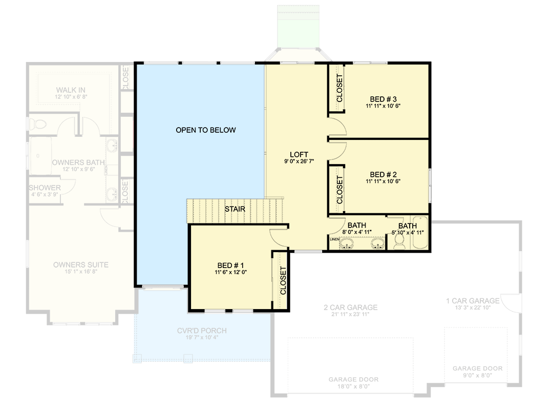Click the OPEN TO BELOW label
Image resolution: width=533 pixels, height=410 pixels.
pyautogui.click(x=205, y=130)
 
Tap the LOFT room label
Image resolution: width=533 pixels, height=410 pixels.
pyautogui.click(x=299, y=154)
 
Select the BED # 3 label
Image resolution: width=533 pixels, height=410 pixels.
pyautogui.click(x=383, y=99)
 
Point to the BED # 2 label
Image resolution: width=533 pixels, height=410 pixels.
pyautogui.click(x=383, y=174)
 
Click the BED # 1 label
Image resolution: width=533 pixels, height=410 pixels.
pyautogui.click(x=230, y=265)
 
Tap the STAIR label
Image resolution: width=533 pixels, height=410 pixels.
pyautogui.click(x=235, y=209)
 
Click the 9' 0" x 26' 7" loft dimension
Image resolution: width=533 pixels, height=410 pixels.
pyautogui.click(x=299, y=161)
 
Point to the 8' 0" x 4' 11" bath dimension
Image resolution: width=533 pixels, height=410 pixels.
pyautogui.click(x=356, y=232)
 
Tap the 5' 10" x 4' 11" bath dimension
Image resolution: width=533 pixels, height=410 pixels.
pyautogui.click(x=408, y=232)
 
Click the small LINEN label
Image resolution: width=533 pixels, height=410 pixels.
pyautogui.click(x=334, y=239)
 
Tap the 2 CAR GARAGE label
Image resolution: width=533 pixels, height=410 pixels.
pyautogui.click(x=351, y=307)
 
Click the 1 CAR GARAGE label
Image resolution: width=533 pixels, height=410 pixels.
pyautogui.click(x=472, y=301)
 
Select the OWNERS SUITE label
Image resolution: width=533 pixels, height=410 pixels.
pyautogui.click(x=81, y=265)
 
